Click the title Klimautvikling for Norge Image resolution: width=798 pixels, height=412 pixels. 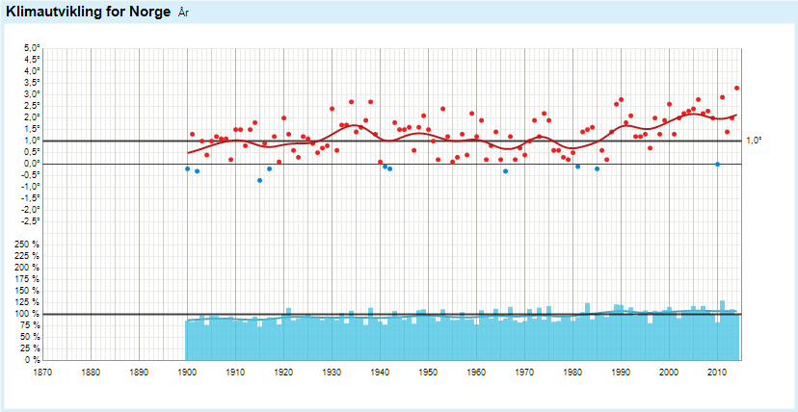[88, 12]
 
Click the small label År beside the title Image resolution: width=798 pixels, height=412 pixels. [184, 13]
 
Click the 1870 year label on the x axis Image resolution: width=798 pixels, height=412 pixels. [42, 371]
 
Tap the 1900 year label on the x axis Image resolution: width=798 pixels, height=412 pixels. [187, 371]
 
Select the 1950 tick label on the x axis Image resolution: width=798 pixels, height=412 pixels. [428, 371]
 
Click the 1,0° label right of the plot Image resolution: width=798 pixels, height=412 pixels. [754, 141]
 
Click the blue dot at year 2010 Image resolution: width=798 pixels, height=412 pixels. [718, 165]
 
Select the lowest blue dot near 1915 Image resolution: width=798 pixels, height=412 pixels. [260, 180]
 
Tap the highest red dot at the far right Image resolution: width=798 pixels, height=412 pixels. [736, 88]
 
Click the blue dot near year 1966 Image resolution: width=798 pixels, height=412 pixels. [505, 171]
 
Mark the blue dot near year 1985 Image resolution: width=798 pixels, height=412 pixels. [598, 169]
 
